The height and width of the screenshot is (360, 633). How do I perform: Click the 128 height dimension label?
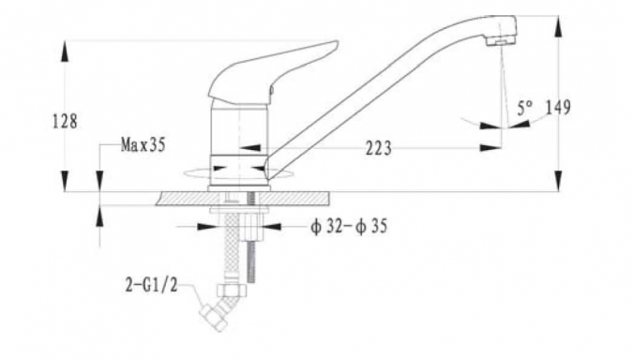[65, 121]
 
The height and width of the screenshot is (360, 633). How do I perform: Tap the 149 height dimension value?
[558, 108]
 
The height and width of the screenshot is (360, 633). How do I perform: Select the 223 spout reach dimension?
[379, 148]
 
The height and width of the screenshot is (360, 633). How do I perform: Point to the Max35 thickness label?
[143, 144]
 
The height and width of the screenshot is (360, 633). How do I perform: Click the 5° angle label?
[525, 108]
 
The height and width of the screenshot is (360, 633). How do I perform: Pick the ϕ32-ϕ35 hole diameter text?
[349, 226]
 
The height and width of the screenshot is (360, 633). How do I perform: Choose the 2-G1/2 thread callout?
[151, 286]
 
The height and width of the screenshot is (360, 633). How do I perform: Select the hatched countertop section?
[242, 199]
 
